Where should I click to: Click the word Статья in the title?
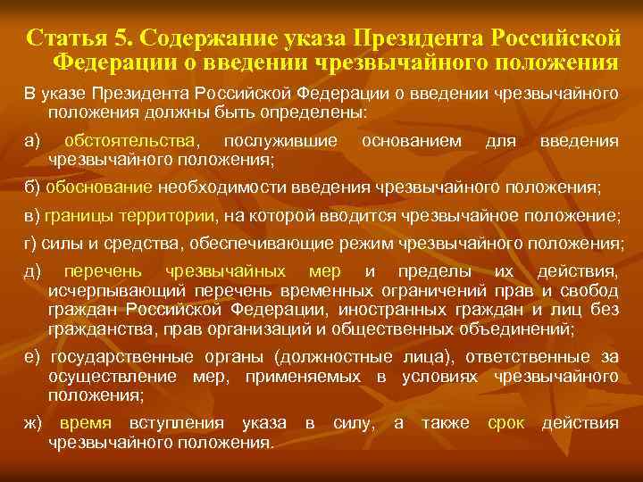click(x=63, y=39)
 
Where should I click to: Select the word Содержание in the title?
click(x=205, y=39)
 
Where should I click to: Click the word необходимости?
click(x=211, y=189)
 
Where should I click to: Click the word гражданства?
click(x=93, y=328)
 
